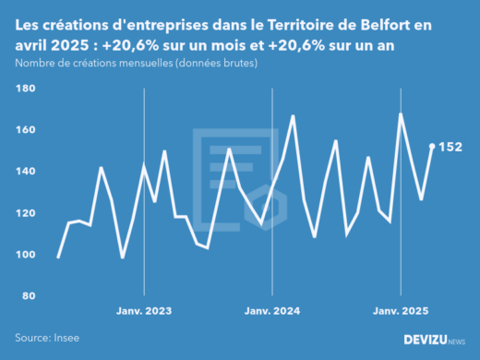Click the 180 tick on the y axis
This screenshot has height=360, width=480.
point(26,89)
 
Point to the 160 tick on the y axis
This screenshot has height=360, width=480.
point(26,130)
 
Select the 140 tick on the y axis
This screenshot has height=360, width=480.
point(26,172)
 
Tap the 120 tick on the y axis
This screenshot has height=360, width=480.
point(26,213)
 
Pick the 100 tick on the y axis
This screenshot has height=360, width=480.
point(26,255)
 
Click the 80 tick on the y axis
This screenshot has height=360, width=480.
point(28,296)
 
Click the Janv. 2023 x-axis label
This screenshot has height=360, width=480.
point(144,311)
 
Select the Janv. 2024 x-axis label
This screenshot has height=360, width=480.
point(272,311)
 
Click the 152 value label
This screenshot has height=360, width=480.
point(450,147)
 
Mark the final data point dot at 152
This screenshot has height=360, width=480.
point(432,146)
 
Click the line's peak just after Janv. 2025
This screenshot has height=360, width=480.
point(401,114)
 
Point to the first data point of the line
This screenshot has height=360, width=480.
point(58,258)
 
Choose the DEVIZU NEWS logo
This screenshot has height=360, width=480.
point(435,340)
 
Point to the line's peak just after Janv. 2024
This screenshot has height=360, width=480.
point(293,116)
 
